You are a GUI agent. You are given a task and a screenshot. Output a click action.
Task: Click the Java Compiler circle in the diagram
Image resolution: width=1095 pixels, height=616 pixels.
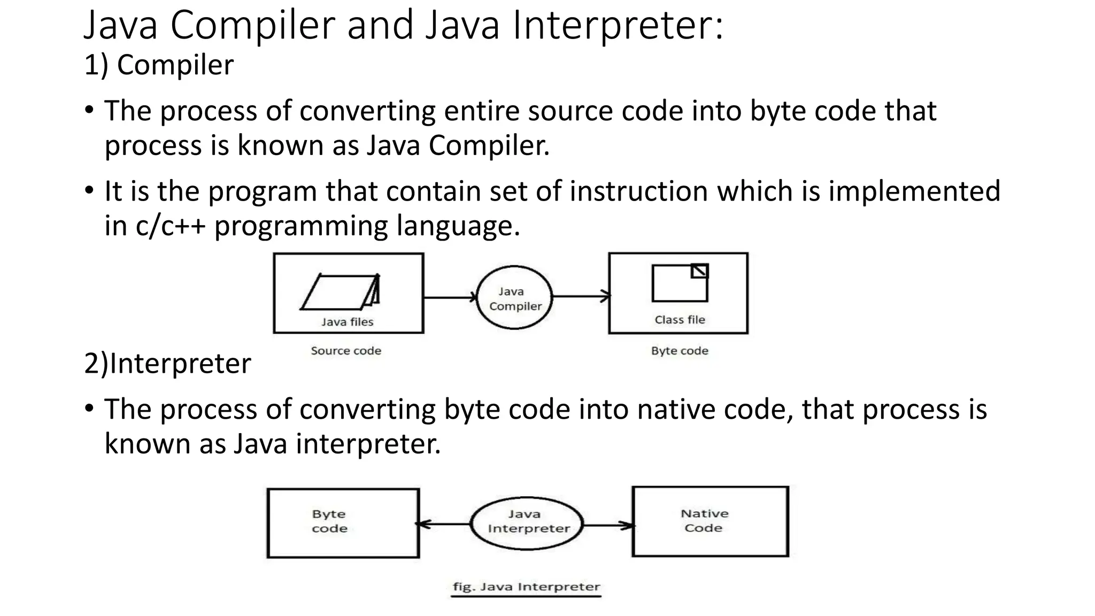[514, 297]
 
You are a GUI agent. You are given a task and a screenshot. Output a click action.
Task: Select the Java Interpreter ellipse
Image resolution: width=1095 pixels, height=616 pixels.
[527, 523]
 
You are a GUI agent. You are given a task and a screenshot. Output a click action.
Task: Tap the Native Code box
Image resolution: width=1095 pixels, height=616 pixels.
[710, 521]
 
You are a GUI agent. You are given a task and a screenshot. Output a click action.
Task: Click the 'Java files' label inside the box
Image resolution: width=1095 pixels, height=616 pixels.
[347, 322]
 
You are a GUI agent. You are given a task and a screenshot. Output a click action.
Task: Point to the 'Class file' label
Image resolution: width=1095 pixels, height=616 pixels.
[680, 320]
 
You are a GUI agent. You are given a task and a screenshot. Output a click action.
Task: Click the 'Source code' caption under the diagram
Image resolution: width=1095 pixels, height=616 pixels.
[346, 351]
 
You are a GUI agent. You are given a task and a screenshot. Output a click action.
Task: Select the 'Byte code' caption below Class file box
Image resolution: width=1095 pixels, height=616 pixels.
[680, 351]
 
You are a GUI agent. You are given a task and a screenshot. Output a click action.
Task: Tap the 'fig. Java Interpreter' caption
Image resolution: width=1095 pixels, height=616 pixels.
[526, 587]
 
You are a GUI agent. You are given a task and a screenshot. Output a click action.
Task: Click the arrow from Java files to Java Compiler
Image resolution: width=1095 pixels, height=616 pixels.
[449, 297]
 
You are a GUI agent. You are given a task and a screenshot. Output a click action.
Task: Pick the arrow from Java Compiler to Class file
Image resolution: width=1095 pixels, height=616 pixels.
[580, 296]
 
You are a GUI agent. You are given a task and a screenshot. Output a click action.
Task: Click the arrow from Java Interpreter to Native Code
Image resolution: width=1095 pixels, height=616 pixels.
[607, 525]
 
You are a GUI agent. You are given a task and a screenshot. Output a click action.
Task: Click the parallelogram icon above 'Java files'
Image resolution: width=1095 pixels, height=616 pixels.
[341, 292]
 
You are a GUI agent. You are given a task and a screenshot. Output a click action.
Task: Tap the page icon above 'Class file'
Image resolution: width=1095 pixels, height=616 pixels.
[680, 283]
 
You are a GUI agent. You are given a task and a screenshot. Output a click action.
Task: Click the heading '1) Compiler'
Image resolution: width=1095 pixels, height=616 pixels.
[159, 65]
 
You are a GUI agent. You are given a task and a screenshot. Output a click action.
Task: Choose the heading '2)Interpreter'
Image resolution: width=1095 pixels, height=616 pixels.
[167, 364]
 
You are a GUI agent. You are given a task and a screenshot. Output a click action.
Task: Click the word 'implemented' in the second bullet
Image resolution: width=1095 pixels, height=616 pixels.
[914, 191]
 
